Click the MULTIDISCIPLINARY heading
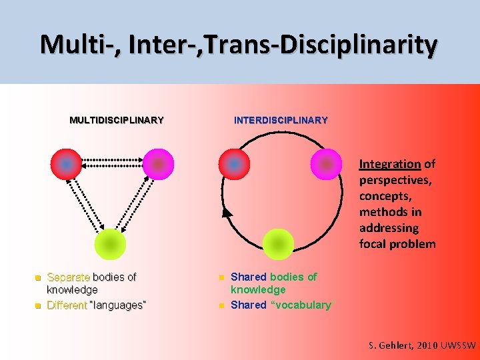(x=117, y=121)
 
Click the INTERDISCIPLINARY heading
(x=281, y=121)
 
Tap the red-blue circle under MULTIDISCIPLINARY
(x=67, y=164)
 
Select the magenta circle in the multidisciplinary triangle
(x=158, y=164)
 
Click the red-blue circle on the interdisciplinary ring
(x=234, y=164)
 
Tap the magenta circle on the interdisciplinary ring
(x=326, y=164)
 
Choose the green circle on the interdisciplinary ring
(x=278, y=244)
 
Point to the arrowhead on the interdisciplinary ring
(x=227, y=212)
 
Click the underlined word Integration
(x=390, y=164)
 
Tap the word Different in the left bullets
(x=67, y=305)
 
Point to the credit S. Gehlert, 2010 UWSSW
(x=423, y=345)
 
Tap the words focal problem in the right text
(x=397, y=243)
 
